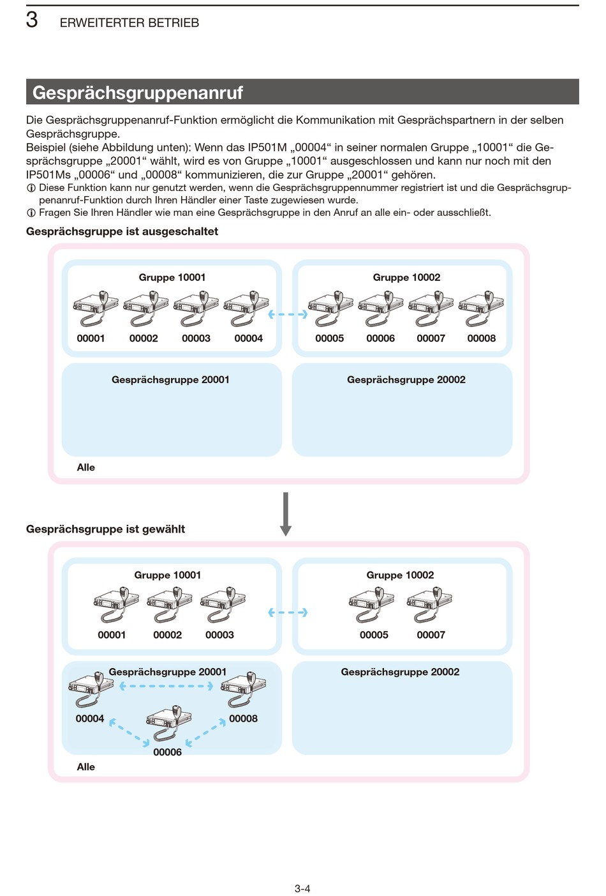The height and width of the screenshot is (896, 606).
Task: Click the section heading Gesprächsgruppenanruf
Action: (x=137, y=93)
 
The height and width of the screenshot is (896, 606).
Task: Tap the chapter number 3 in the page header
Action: (x=32, y=20)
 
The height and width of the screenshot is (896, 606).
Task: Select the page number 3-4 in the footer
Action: (x=302, y=888)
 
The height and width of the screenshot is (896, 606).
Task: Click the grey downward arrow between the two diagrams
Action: (x=286, y=514)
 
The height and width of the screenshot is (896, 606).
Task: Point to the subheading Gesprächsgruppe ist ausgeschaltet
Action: (x=122, y=232)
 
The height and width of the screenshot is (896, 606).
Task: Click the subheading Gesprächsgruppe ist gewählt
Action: (x=105, y=529)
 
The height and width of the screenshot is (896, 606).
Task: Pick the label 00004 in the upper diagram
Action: (x=249, y=338)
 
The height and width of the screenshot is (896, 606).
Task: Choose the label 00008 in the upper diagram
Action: (x=482, y=338)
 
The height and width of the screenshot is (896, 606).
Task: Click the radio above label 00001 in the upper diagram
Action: (x=96, y=308)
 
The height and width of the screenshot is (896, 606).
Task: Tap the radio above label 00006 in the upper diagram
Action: (x=381, y=308)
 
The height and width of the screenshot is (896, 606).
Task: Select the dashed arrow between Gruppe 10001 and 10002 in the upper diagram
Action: (x=288, y=314)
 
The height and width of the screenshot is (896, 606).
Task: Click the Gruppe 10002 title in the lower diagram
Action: (x=400, y=575)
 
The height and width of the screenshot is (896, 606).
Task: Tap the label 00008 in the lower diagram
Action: (x=243, y=718)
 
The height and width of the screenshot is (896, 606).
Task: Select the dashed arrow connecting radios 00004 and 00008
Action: (x=166, y=687)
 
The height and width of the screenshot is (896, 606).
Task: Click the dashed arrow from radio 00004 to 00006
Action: (x=129, y=733)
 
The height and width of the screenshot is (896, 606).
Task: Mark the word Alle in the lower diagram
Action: (x=86, y=767)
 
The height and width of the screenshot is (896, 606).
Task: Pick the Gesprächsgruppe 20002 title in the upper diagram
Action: (x=406, y=379)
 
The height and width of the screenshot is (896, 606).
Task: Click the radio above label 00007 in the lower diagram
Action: (x=430, y=605)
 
